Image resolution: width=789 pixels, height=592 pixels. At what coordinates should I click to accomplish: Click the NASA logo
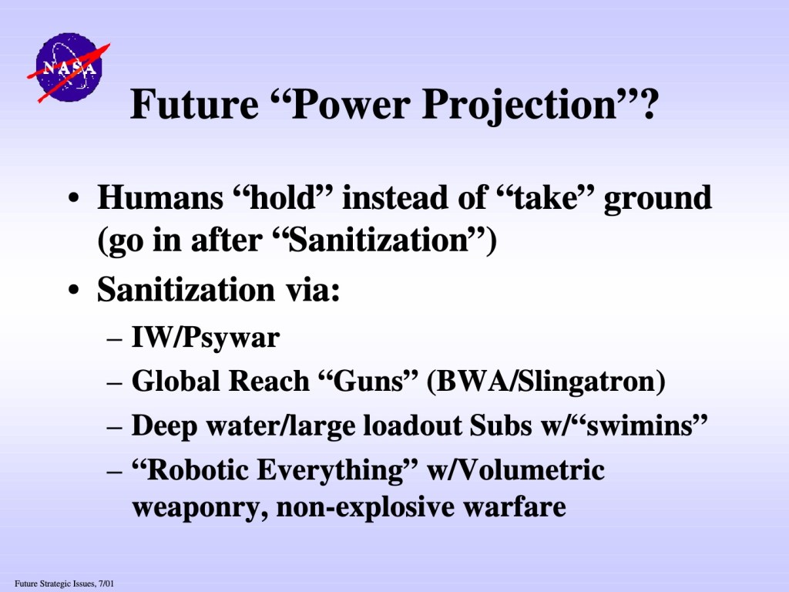(69, 68)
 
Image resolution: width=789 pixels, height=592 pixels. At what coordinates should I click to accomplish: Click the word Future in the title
(193, 104)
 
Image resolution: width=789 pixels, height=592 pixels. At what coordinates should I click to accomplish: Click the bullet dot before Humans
(74, 198)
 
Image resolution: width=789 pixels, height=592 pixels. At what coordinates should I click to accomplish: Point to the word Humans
(160, 197)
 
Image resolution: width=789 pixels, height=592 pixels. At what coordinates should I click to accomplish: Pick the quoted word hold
(284, 197)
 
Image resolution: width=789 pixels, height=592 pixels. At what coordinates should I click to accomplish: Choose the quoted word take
(546, 197)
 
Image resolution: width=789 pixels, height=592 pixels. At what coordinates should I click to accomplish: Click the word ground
(658, 200)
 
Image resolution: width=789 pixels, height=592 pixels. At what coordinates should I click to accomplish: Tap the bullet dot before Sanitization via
(74, 291)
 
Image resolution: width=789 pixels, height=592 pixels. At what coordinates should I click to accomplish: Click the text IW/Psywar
(206, 338)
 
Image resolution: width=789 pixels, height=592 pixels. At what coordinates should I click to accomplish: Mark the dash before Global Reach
(115, 382)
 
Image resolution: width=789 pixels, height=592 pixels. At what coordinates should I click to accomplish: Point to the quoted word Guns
(369, 381)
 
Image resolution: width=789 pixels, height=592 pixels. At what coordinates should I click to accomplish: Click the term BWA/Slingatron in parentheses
(546, 382)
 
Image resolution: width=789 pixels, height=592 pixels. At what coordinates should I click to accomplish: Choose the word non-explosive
(365, 507)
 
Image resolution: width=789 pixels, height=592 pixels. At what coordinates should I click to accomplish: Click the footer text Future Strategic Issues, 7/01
(65, 584)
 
